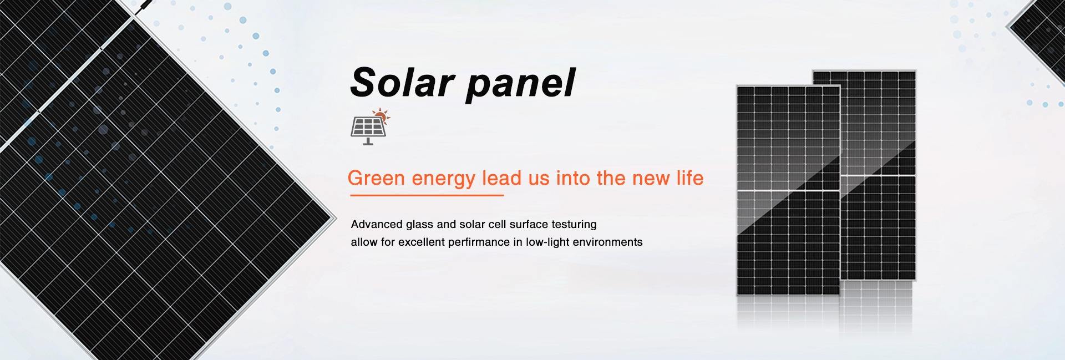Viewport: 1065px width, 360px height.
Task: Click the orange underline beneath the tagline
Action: tap(427, 195)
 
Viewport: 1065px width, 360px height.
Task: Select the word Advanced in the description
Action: tap(377, 224)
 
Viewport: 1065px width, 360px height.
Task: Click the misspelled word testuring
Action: tap(574, 225)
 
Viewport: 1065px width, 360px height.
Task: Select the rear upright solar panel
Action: tap(878, 175)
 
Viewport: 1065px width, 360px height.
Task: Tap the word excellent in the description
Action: tap(421, 242)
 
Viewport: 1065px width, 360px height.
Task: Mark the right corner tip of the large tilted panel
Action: tap(336, 216)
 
